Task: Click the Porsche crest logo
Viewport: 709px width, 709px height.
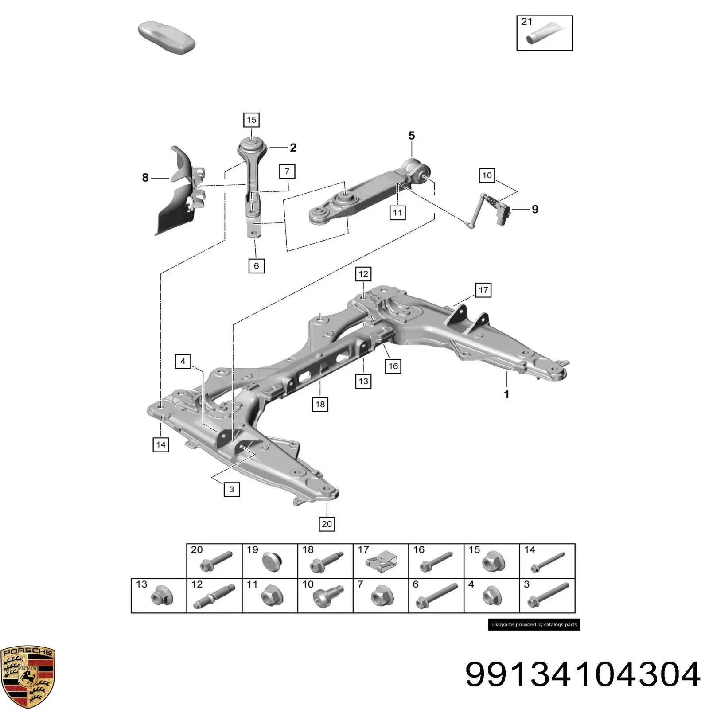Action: click(x=28, y=676)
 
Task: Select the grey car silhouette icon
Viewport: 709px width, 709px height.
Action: click(x=167, y=37)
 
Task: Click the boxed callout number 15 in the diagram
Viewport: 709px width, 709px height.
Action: click(x=251, y=120)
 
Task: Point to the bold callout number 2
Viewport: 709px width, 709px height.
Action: click(x=293, y=148)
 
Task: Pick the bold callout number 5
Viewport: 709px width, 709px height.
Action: click(x=412, y=136)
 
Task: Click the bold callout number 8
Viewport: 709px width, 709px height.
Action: click(x=145, y=178)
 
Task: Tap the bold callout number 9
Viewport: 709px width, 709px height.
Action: click(x=535, y=209)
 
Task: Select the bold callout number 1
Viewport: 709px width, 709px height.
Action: click(x=506, y=394)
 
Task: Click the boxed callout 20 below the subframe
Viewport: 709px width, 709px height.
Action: click(x=327, y=524)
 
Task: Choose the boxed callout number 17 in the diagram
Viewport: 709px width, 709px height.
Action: click(x=483, y=290)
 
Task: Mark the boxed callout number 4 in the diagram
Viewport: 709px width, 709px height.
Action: click(x=183, y=362)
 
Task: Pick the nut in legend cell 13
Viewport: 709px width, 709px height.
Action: click(x=161, y=597)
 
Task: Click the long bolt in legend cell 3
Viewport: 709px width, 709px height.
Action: click(x=548, y=596)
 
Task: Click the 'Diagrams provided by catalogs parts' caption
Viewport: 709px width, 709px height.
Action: click(x=534, y=625)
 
